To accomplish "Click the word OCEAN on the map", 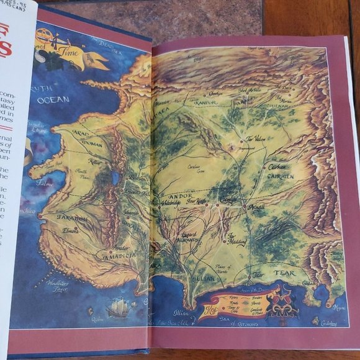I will pos(53,99).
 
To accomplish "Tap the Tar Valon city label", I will pos(256,139).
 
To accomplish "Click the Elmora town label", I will pos(70,228).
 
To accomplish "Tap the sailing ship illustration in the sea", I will pos(118,307).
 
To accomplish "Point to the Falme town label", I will pos(45,184).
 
